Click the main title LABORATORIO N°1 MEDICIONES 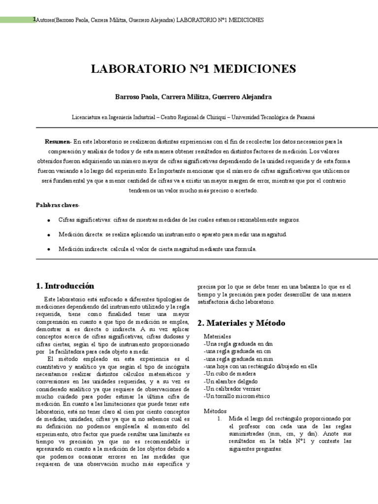[x=193, y=68]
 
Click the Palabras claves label [x=57, y=205]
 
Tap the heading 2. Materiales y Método [x=241, y=323]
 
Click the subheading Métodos [x=215, y=411]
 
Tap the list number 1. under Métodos [x=220, y=418]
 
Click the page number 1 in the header [x=34, y=19]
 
